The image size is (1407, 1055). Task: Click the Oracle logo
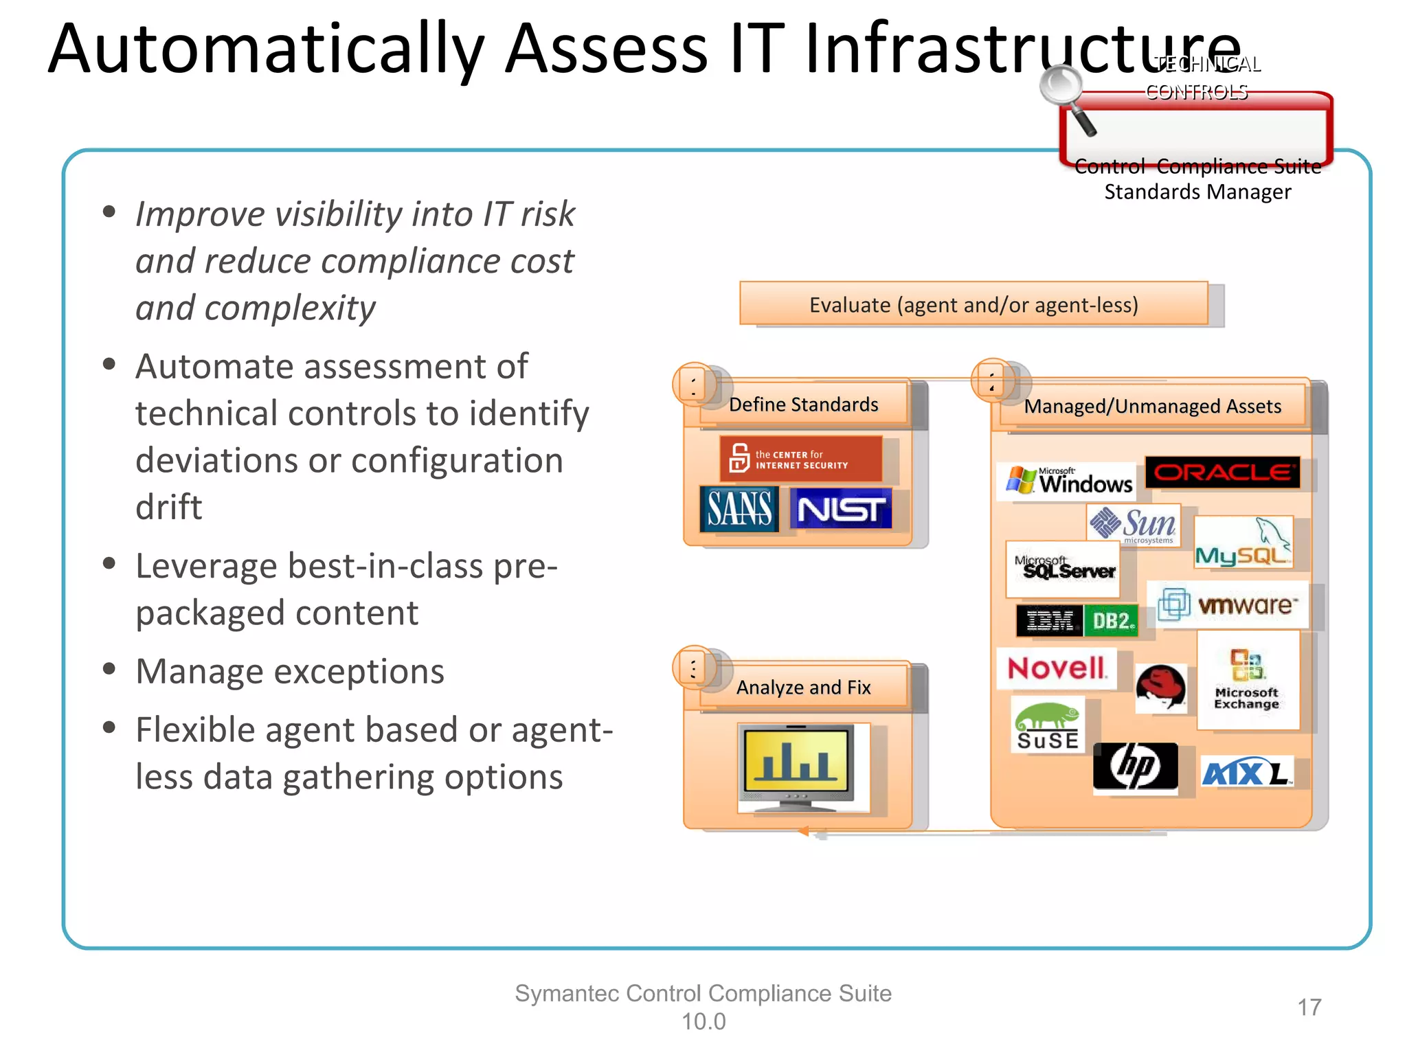(x=1222, y=473)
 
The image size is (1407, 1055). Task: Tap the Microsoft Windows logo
(x=1068, y=481)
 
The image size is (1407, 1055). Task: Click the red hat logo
(x=1160, y=688)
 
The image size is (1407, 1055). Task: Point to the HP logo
(x=1135, y=768)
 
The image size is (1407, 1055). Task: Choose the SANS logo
(x=739, y=509)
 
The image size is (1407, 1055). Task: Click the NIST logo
(x=841, y=509)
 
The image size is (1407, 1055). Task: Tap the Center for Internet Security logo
(x=800, y=459)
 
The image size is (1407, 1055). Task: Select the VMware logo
(x=1228, y=605)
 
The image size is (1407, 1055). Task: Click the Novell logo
(x=1056, y=668)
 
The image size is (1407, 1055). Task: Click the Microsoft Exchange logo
(x=1247, y=679)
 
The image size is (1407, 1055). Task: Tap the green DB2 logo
(x=1111, y=621)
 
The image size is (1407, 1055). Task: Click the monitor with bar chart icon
(x=797, y=767)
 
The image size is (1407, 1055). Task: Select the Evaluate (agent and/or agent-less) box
(x=973, y=304)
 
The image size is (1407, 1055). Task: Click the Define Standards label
(x=803, y=405)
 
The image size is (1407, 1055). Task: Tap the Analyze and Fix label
(x=803, y=688)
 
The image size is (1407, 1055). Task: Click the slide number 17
(x=1309, y=1008)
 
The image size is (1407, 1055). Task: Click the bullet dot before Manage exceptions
(x=109, y=669)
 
